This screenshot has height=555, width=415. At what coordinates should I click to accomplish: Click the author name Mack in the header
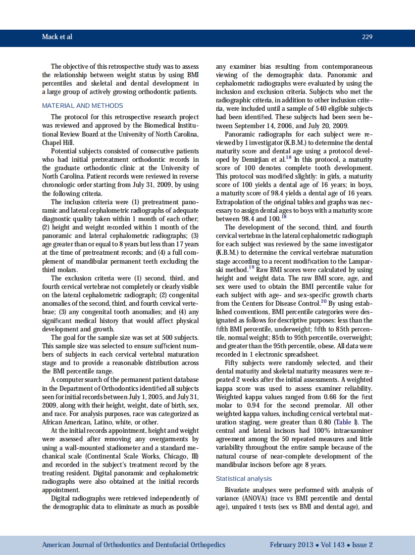click(50, 37)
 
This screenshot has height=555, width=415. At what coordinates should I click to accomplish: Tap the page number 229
click(367, 37)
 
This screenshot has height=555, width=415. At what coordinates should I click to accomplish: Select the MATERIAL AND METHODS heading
click(82, 105)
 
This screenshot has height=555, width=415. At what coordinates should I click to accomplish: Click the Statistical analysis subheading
click(244, 478)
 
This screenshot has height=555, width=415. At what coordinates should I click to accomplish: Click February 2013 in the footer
click(291, 545)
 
